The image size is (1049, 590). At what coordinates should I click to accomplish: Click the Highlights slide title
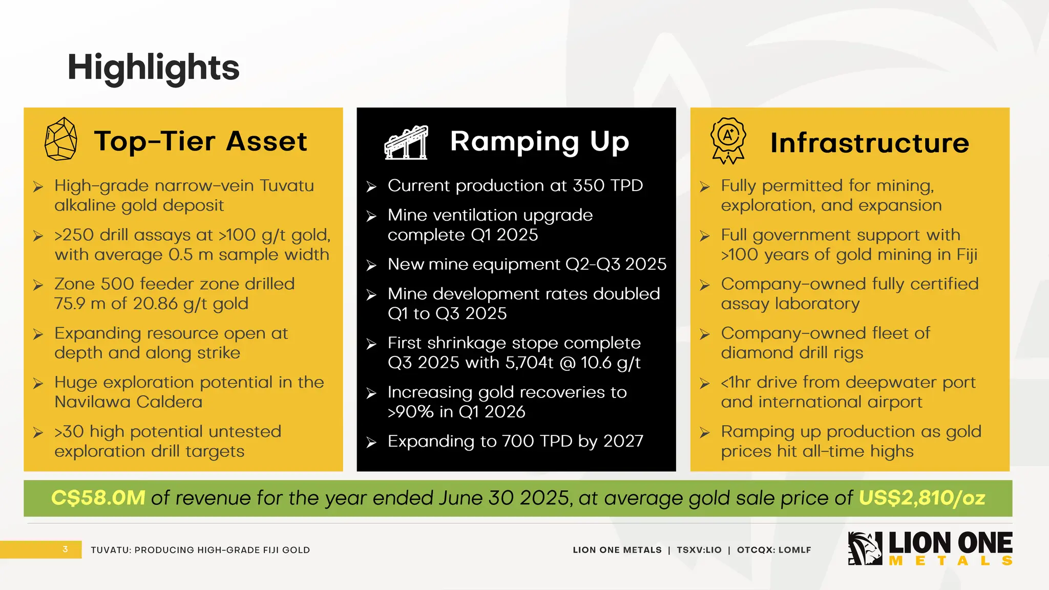(x=153, y=68)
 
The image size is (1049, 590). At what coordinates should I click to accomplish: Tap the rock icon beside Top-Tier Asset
(x=61, y=139)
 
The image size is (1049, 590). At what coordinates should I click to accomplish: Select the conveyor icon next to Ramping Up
(x=406, y=142)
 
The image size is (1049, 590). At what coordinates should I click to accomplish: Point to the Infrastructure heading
(x=869, y=142)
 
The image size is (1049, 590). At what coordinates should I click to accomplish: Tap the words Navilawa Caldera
(x=129, y=402)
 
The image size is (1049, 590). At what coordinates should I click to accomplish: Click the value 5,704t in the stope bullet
(x=529, y=363)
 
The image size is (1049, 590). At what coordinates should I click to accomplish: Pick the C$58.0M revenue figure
(x=98, y=498)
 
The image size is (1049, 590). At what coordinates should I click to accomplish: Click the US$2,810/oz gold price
(x=921, y=498)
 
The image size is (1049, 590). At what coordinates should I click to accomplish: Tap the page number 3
(x=65, y=549)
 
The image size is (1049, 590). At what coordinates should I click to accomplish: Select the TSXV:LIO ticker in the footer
(x=699, y=550)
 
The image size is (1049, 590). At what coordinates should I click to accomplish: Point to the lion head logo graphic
(x=865, y=549)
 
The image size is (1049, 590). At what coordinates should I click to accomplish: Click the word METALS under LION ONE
(x=951, y=561)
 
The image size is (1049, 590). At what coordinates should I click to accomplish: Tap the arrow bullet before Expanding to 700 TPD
(x=371, y=442)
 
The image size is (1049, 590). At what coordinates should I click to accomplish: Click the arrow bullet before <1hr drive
(x=705, y=384)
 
